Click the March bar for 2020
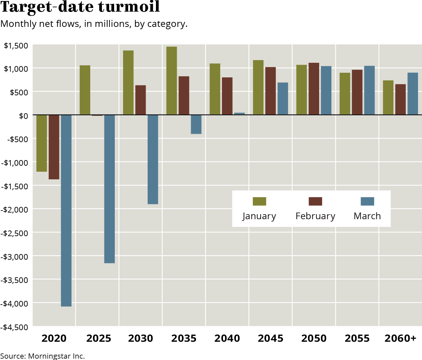coord(66,211)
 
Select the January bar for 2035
coord(172,81)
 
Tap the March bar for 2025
coord(109,189)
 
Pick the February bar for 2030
coord(141,100)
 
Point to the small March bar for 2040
coord(240,114)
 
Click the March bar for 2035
coord(196,125)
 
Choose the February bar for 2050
coord(314,89)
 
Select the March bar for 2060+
coord(413,94)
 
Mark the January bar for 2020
coord(42,143)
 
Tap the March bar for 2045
coord(283,99)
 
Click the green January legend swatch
coord(259,201)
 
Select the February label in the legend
coord(315,216)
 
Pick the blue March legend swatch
coord(367,201)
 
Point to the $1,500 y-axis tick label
coord(16,45)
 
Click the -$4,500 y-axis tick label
coord(14,327)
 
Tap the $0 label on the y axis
coord(23,116)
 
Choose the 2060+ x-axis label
coord(400,338)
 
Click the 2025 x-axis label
coord(99,338)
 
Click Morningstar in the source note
coord(49,356)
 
